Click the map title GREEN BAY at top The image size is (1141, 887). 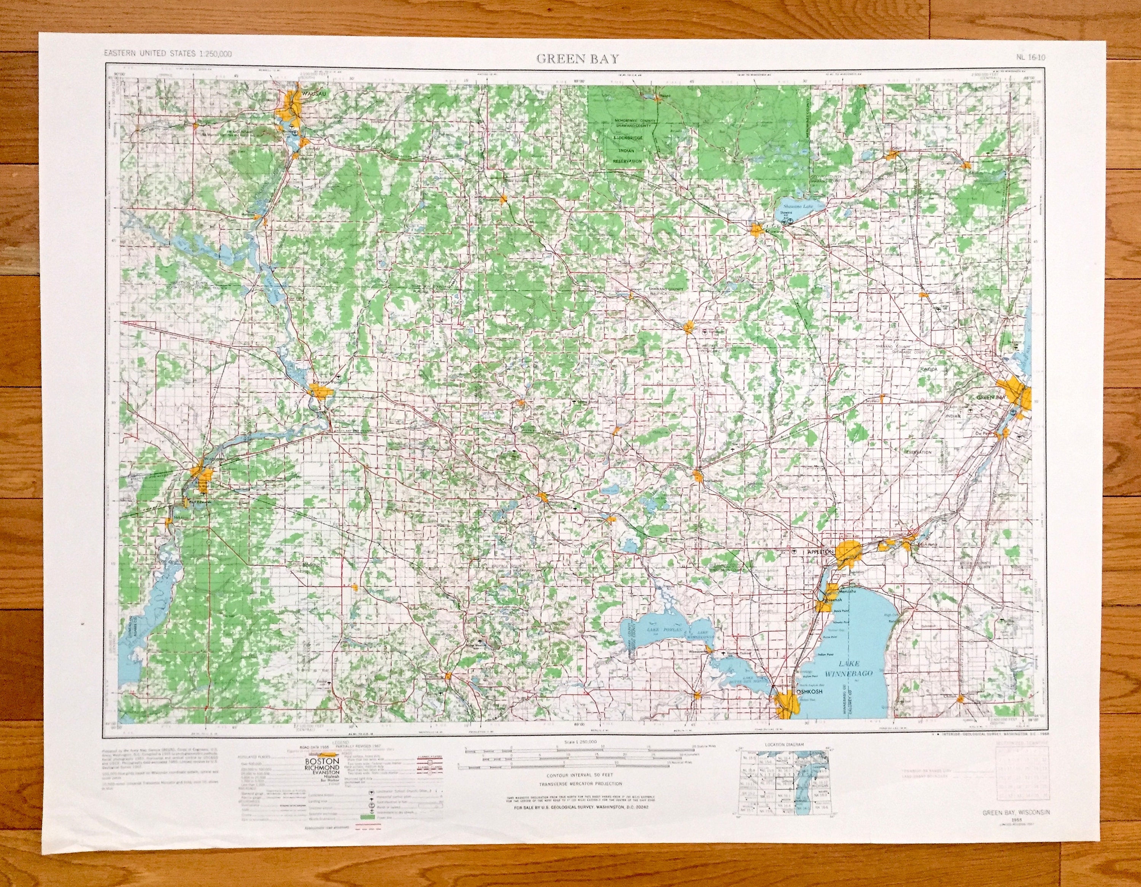577,59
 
